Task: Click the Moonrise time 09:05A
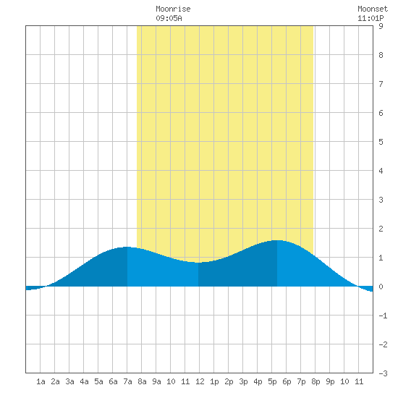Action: pyautogui.click(x=169, y=18)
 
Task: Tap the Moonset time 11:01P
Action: pyautogui.click(x=371, y=18)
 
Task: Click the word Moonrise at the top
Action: pyautogui.click(x=173, y=9)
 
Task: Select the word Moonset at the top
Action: pyautogui.click(x=373, y=9)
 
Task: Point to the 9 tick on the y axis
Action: pyautogui.click(x=381, y=26)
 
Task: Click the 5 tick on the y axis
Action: pyautogui.click(x=381, y=142)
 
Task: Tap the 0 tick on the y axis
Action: pyautogui.click(x=381, y=287)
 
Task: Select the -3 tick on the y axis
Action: pyautogui.click(x=383, y=373)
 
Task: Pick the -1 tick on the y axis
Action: pyautogui.click(x=383, y=316)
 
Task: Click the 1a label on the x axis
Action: pyautogui.click(x=41, y=381)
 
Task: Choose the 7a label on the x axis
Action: pyautogui.click(x=127, y=381)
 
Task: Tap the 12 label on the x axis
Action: pyautogui.click(x=200, y=381)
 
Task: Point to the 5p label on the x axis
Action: pyautogui.click(x=272, y=381)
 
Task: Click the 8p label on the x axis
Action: pyautogui.click(x=316, y=381)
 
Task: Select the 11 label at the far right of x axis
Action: pyautogui.click(x=359, y=381)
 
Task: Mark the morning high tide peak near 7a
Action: pyautogui.click(x=127, y=247)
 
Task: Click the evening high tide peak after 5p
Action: pyautogui.click(x=277, y=240)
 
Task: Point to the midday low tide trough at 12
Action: pyautogui.click(x=198, y=263)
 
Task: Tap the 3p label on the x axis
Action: pyautogui.click(x=243, y=381)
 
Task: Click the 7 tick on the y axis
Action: pyautogui.click(x=381, y=84)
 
